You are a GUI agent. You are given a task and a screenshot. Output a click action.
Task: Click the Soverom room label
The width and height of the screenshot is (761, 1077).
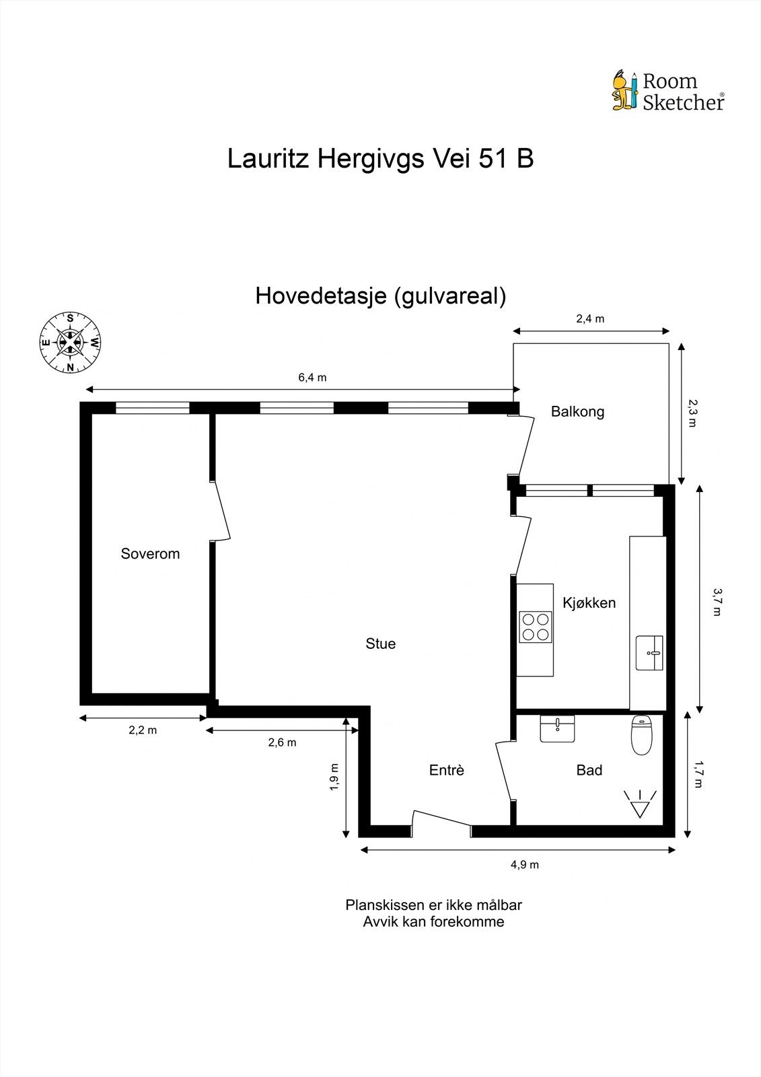[150, 553]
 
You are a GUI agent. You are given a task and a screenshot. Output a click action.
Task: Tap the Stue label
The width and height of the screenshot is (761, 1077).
[380, 644]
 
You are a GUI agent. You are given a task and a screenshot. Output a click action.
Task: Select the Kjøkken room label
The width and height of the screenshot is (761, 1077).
[589, 602]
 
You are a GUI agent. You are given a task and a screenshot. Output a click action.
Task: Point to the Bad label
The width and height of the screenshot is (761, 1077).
[589, 770]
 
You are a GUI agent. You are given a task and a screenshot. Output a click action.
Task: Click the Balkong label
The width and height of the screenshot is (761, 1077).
[577, 411]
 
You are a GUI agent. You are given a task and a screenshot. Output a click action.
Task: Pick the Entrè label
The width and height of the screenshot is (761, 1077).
[446, 770]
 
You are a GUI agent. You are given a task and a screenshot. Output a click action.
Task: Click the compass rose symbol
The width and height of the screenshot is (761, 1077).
[70, 342]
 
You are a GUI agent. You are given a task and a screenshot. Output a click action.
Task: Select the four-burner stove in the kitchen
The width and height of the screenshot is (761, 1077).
[536, 626]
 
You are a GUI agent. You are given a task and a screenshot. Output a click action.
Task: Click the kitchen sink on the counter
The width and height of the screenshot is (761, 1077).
[649, 652]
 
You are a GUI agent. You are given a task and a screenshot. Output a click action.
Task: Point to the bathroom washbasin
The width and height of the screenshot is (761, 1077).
[557, 728]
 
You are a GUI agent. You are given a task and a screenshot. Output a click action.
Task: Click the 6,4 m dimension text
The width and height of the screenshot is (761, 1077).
[312, 378]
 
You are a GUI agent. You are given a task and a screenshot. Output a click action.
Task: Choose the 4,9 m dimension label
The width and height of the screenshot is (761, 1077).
[524, 864]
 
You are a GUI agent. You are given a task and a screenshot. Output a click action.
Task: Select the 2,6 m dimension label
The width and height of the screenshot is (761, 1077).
[282, 742]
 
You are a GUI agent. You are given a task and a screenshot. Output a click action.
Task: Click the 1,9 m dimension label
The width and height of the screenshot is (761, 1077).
[334, 777]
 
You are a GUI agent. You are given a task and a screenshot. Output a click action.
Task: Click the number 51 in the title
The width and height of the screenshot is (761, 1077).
[494, 159]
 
